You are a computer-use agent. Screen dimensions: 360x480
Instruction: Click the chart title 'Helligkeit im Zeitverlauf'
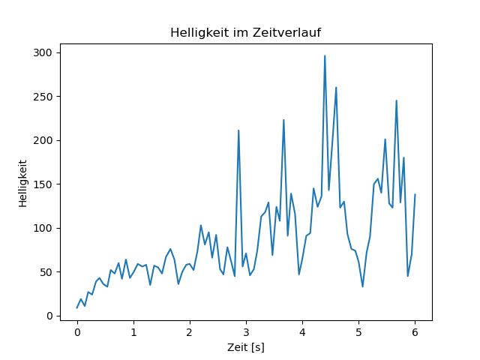(x=246, y=33)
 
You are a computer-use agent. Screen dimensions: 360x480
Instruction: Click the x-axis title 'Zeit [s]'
(x=246, y=348)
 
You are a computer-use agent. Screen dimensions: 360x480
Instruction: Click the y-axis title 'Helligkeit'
(x=23, y=182)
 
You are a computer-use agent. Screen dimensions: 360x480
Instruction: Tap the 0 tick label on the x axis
(x=77, y=331)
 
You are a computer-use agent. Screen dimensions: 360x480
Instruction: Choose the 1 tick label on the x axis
(x=133, y=331)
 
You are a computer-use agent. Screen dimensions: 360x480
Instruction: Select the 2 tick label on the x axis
(x=190, y=331)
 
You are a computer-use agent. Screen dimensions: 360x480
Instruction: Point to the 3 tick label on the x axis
(x=246, y=331)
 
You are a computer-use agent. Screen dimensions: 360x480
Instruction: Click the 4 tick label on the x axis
(x=302, y=331)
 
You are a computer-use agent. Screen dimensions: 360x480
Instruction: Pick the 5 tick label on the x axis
(x=358, y=331)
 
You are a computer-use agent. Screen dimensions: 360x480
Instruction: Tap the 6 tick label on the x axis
(x=415, y=331)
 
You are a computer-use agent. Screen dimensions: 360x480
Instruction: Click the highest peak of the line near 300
(x=325, y=55)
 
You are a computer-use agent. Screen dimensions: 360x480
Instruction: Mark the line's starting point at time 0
(x=77, y=307)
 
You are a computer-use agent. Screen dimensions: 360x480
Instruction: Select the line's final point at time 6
(x=415, y=195)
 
